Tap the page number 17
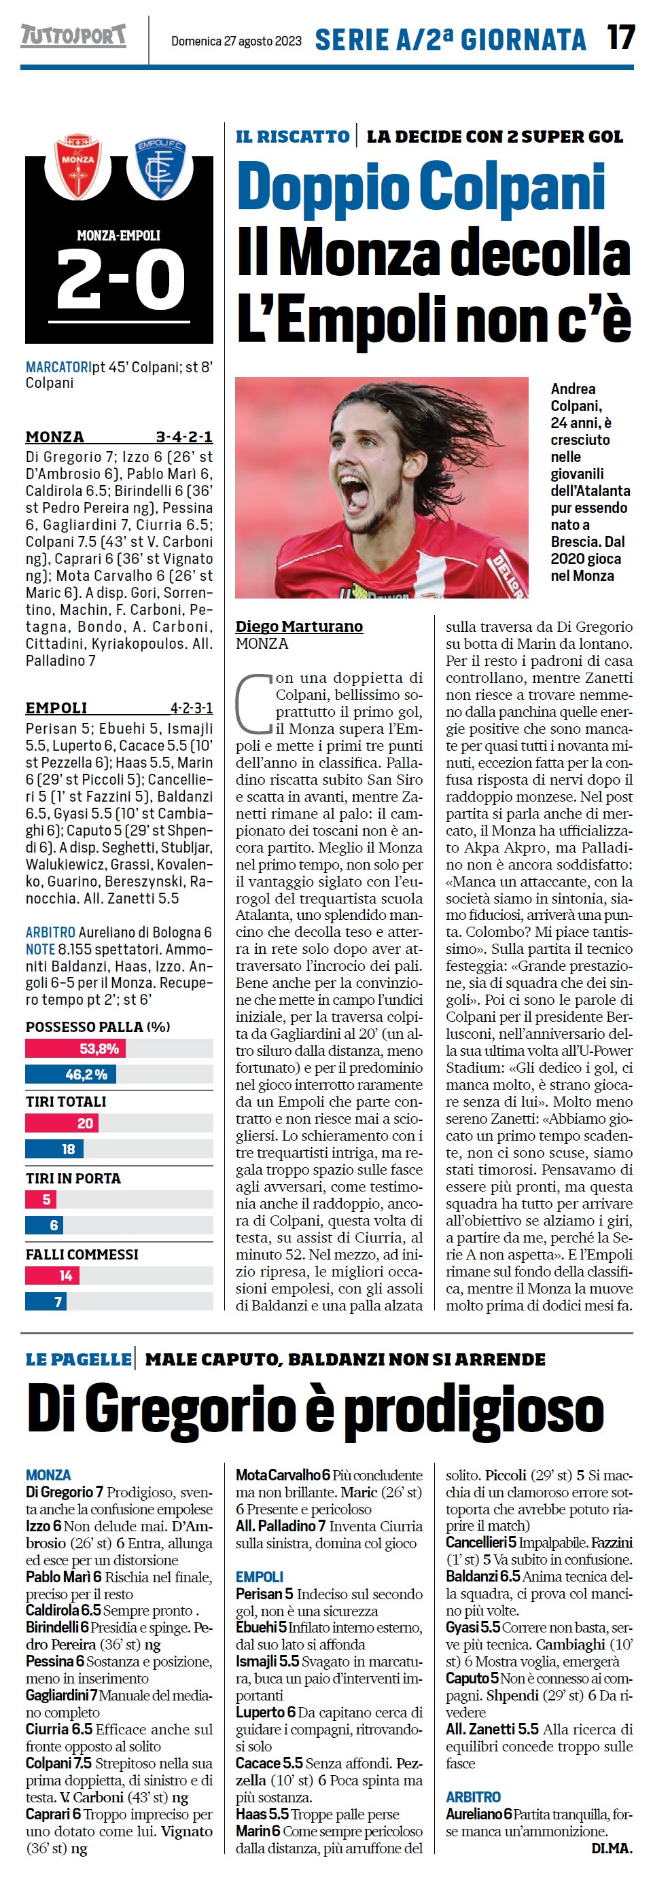pos(620,37)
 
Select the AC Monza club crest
pos(77,165)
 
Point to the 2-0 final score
pos(120,279)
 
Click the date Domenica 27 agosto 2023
pos(236,41)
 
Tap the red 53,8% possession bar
pos(75,1048)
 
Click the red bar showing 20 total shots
pos(62,1122)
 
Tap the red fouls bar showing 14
pos(52,1276)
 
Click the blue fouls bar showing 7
pos(46,1302)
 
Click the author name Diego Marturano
pos(299,626)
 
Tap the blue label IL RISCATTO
pos(292,137)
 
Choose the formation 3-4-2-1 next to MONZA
pos(183,438)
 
